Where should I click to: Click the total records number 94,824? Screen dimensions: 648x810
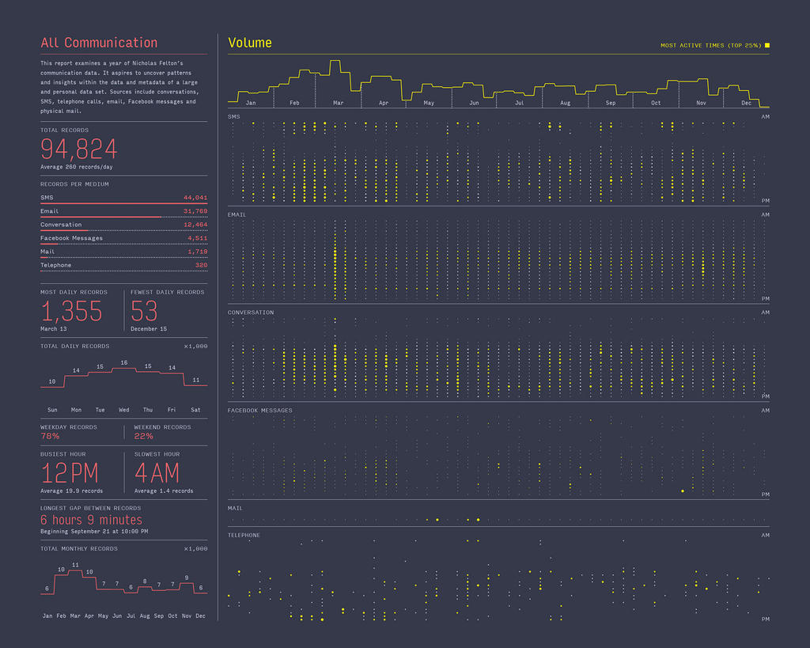79,149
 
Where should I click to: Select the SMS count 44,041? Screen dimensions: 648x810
195,198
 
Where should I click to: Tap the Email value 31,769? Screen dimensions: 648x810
195,211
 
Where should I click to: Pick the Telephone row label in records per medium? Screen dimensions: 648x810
56,265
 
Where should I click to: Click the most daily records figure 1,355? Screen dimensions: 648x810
71,311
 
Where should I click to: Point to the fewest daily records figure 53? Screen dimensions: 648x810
145,311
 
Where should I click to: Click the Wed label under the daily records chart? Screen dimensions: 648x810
124,410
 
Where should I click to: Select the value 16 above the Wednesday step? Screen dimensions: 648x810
124,362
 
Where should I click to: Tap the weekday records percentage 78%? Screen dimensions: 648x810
50,436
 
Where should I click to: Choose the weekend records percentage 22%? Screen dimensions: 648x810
144,436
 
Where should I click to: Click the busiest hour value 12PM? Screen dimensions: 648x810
70,474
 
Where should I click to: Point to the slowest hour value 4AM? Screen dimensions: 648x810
157,474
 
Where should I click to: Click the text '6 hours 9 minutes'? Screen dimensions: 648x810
92,520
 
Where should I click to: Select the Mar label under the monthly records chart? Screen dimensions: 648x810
75,616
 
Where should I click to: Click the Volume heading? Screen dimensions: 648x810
250,43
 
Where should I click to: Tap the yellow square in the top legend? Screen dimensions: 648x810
767,45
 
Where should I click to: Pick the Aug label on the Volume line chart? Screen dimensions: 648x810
565,103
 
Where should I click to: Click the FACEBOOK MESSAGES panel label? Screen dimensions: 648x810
259,411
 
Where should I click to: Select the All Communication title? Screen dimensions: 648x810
99,43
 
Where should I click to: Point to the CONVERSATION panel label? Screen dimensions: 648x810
251,313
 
